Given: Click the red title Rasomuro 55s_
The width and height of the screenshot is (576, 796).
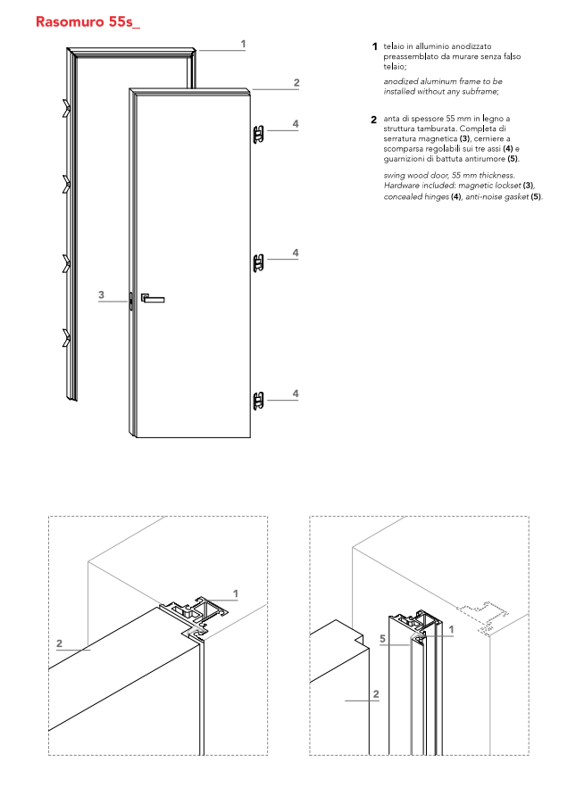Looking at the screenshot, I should [88, 21].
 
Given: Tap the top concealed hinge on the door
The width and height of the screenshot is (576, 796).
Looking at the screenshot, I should [258, 134].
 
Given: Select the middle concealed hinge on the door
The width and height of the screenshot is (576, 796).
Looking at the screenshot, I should [258, 262].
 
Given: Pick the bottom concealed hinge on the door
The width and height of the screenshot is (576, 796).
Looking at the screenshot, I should [258, 402].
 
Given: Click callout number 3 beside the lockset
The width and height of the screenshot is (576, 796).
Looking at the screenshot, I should [101, 294].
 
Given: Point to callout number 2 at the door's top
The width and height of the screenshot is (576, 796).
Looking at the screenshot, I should [296, 83].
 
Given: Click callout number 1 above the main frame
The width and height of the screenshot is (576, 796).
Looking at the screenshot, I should [243, 44].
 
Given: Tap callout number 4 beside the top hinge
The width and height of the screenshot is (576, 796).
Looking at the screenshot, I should [295, 123].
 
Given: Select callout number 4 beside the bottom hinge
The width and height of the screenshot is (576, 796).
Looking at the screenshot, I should [295, 394].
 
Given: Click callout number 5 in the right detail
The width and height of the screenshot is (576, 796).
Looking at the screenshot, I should [382, 639].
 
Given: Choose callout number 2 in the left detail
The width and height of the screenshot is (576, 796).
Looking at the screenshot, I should [59, 643].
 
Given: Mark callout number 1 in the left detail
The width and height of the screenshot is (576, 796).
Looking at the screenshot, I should [235, 593].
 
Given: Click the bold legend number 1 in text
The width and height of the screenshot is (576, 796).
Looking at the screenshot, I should [375, 46].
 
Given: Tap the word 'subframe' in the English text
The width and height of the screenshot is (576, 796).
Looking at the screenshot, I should [478, 91].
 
